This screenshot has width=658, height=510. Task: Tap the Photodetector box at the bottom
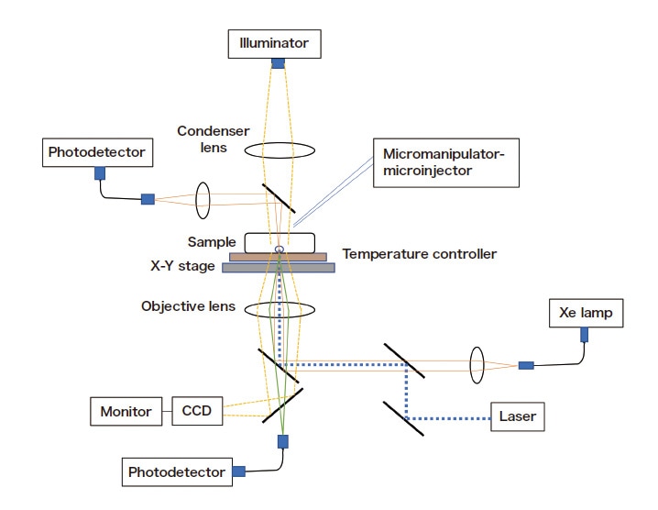click(x=177, y=472)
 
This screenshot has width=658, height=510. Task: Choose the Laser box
click(x=517, y=417)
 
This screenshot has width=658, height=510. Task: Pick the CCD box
click(x=197, y=411)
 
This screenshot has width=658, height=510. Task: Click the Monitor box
click(x=126, y=411)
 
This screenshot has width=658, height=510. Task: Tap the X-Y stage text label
click(x=182, y=266)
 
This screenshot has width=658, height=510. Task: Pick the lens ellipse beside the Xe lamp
click(x=477, y=364)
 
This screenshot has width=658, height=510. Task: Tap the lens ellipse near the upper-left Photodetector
click(x=203, y=198)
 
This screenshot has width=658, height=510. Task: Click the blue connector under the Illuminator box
click(x=278, y=63)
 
